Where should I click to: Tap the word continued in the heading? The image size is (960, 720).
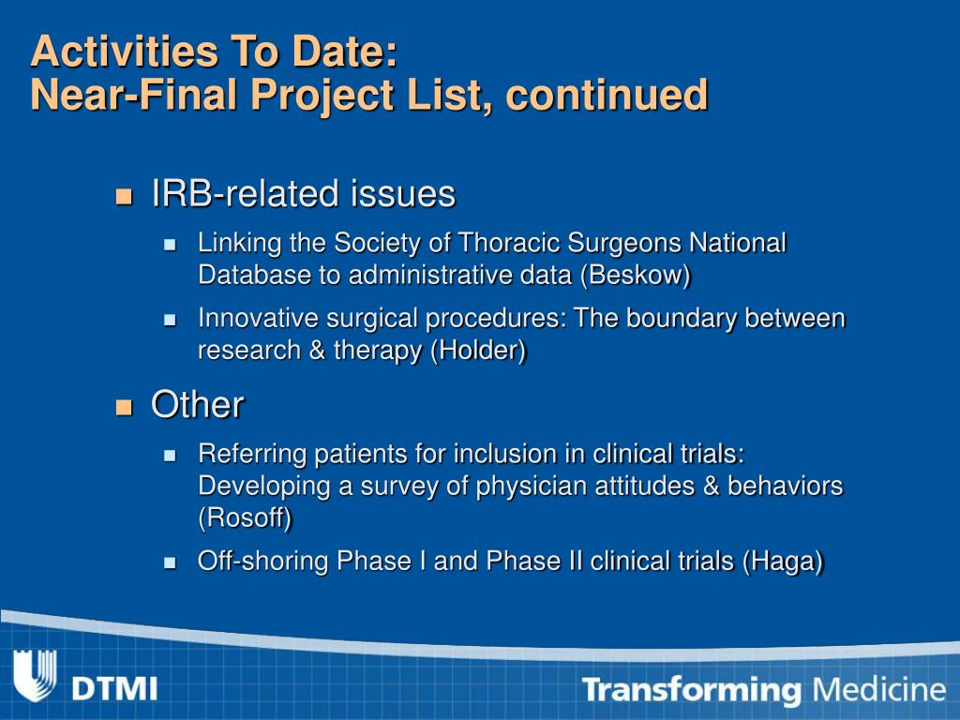coord(607,94)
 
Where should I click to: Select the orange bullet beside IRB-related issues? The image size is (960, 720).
coord(125,196)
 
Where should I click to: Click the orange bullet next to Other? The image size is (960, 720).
coord(125,407)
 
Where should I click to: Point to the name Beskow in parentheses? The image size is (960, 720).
coord(636,275)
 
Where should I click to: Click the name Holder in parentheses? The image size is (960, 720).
coord(478,351)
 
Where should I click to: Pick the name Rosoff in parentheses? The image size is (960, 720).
coord(245,517)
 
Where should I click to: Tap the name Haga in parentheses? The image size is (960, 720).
coord(783,562)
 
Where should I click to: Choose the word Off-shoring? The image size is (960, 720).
coord(263,562)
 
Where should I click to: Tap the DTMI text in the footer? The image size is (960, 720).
coord(114,689)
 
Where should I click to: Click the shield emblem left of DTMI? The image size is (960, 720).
coord(35,676)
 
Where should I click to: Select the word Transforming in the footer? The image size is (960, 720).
coord(692,690)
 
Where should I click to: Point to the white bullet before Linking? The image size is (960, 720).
coord(171,246)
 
